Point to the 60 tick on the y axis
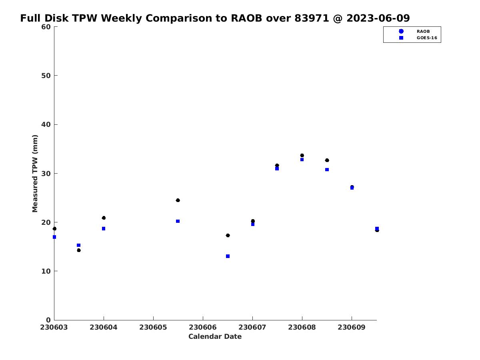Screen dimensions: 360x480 pyautogui.click(x=46, y=27)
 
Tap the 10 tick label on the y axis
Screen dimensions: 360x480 pyautogui.click(x=46, y=271)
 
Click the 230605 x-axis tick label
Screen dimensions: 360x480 pyautogui.click(x=153, y=327)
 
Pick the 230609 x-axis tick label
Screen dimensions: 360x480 pyautogui.click(x=352, y=327)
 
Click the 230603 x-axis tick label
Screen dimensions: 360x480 pyautogui.click(x=54, y=327)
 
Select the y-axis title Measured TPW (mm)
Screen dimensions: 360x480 pyautogui.click(x=35, y=173)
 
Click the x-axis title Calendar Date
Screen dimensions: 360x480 pyautogui.click(x=215, y=337)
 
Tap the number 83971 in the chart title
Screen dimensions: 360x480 pyautogui.click(x=311, y=18)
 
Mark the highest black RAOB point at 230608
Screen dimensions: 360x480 pyautogui.click(x=302, y=155)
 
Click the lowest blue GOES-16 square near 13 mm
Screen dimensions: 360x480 pyautogui.click(x=228, y=256)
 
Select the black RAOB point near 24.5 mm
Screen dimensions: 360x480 pyautogui.click(x=178, y=200)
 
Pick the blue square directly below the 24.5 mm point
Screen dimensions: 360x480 pyautogui.click(x=178, y=221)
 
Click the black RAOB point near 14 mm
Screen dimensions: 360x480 pyautogui.click(x=79, y=250)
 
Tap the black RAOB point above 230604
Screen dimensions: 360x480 pyautogui.click(x=104, y=218)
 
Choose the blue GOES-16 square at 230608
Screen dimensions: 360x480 pyautogui.click(x=302, y=160)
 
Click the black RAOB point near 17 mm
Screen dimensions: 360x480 pyautogui.click(x=228, y=235)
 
